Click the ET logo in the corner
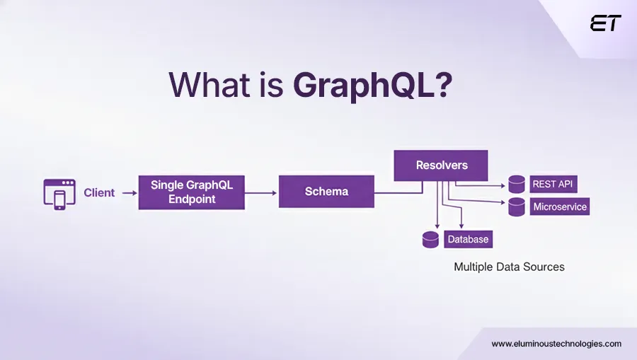tap(605, 23)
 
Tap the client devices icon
tap(59, 192)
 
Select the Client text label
tap(99, 192)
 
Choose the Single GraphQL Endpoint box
tap(192, 192)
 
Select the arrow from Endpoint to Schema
tap(262, 192)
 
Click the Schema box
tap(326, 192)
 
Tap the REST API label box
tap(553, 185)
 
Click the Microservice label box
tap(559, 207)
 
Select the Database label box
tap(468, 239)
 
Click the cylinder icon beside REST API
tap(517, 185)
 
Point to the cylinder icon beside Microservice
tap(517, 207)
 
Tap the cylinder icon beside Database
tap(430, 240)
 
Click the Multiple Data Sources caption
tap(509, 267)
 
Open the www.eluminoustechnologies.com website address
tap(556, 344)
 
